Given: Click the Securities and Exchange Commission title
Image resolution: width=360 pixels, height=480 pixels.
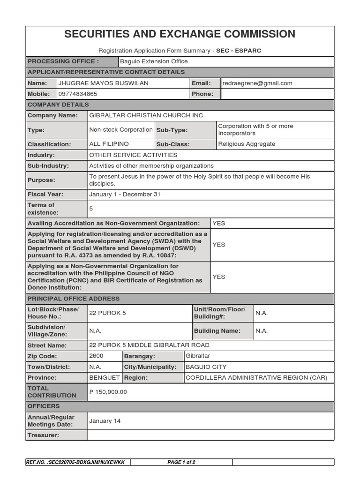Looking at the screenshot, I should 180,34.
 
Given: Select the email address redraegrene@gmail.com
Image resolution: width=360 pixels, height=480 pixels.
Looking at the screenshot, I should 257,83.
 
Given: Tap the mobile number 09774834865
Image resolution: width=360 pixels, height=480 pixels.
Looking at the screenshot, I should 77,94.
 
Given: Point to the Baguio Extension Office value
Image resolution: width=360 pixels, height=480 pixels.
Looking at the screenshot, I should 154,61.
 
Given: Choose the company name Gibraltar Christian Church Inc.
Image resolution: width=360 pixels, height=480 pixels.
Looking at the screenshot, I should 147,115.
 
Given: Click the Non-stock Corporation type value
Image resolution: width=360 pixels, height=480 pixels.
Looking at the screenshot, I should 120,130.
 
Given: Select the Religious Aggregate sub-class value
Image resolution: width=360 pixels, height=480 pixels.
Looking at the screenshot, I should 247,144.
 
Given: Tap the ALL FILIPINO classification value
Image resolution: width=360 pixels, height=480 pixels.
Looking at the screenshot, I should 109,144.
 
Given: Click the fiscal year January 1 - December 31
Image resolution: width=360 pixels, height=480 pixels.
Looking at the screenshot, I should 125,194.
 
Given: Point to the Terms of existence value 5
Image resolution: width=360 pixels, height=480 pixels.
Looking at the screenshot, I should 91,209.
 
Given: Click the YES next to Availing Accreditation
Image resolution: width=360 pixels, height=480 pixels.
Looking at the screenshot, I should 218,223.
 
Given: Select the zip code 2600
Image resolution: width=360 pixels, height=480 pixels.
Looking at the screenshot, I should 96,356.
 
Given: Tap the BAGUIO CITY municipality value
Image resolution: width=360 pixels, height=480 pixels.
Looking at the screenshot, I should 206,367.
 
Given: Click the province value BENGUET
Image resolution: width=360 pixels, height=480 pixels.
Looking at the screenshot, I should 104,378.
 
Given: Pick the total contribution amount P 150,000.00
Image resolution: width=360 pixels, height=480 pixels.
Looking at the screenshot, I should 108,392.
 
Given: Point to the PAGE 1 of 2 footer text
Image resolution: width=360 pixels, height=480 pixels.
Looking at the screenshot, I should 181,462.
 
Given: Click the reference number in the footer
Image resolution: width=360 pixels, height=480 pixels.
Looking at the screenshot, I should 76,462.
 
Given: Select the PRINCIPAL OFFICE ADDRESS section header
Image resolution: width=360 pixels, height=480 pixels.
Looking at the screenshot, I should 74,299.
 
